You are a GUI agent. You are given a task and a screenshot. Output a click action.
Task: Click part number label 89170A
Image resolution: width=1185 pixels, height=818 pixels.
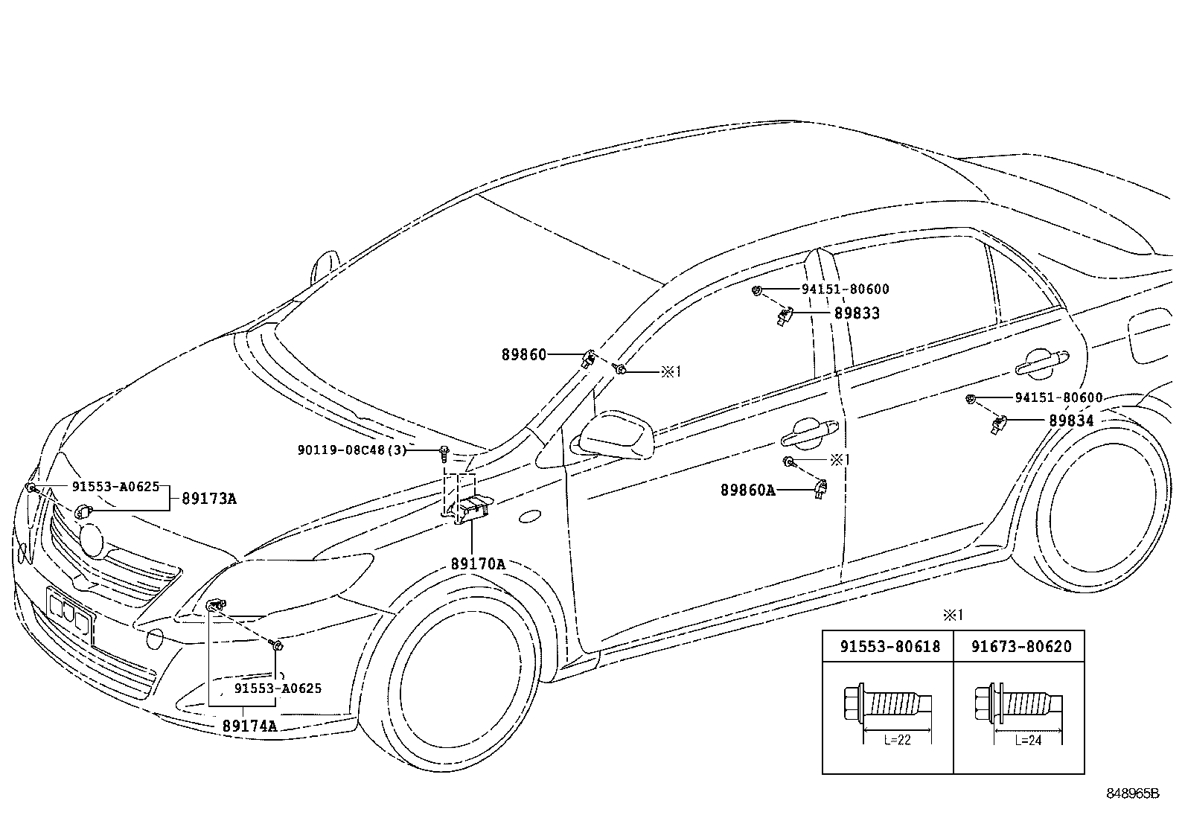(x=478, y=564)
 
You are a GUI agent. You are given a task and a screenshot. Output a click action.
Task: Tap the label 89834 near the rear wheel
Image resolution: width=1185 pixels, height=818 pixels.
(x=1071, y=421)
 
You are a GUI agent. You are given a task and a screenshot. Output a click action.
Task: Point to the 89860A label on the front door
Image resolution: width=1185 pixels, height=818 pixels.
(x=748, y=491)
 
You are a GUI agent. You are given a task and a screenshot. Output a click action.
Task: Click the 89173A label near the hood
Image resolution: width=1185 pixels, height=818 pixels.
(x=209, y=499)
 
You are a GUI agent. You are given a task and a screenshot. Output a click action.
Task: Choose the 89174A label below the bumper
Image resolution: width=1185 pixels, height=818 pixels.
(x=249, y=726)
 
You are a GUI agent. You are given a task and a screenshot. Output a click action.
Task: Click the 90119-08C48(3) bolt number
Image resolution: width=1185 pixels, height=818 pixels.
(x=352, y=450)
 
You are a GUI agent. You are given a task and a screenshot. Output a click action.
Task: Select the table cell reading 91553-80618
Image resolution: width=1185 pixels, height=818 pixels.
(x=890, y=647)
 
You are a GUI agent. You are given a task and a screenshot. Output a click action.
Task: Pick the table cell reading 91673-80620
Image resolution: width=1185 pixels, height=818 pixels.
(x=1021, y=647)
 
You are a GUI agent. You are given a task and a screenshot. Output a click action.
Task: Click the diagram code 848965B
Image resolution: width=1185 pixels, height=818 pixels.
(x=1133, y=793)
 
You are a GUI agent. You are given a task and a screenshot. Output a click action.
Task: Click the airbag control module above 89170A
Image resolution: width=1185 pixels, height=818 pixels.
(x=470, y=510)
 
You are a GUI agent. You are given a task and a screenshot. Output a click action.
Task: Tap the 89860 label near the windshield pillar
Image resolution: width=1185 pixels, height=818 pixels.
(x=524, y=354)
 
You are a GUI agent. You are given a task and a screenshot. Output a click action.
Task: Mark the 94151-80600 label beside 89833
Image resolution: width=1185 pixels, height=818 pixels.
(x=846, y=290)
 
